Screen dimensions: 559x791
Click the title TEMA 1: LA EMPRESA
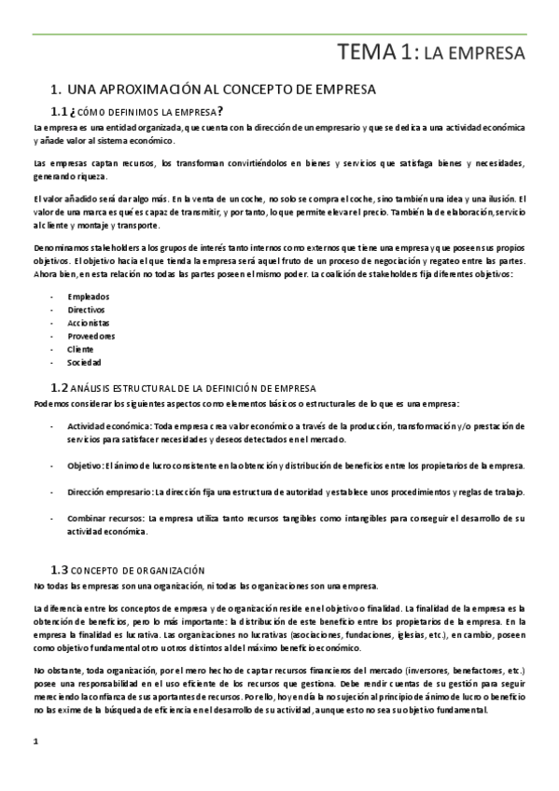[431, 53]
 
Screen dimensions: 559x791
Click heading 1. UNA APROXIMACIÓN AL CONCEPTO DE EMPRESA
[213, 90]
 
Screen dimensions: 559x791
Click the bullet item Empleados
[88, 297]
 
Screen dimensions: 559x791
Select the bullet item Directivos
[86, 310]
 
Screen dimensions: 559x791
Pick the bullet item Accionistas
[89, 323]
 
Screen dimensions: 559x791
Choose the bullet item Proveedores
[91, 336]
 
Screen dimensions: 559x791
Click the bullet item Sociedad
[84, 362]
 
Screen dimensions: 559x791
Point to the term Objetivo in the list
[85, 465]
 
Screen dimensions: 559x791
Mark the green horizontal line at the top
[279, 35]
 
